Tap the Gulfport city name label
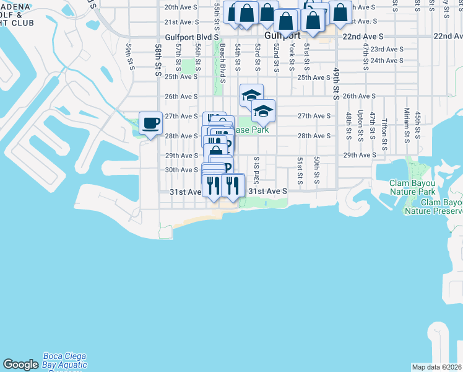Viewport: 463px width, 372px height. (x=282, y=36)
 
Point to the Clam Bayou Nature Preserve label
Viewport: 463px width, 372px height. (x=433, y=206)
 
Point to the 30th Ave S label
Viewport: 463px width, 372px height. (x=180, y=170)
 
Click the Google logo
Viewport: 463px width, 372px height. (x=20, y=365)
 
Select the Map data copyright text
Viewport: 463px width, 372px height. (x=436, y=367)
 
